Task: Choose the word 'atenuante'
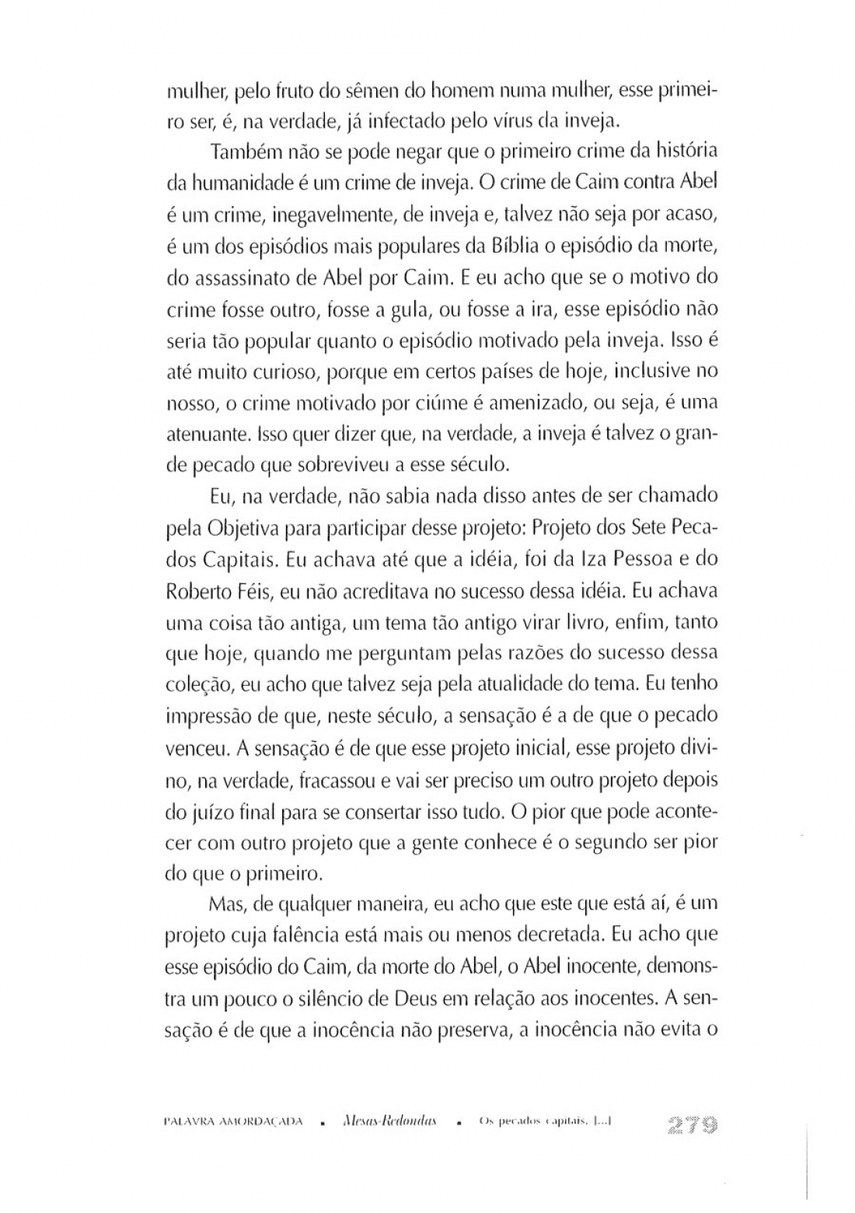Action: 204,435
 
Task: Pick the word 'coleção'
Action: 197,685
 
